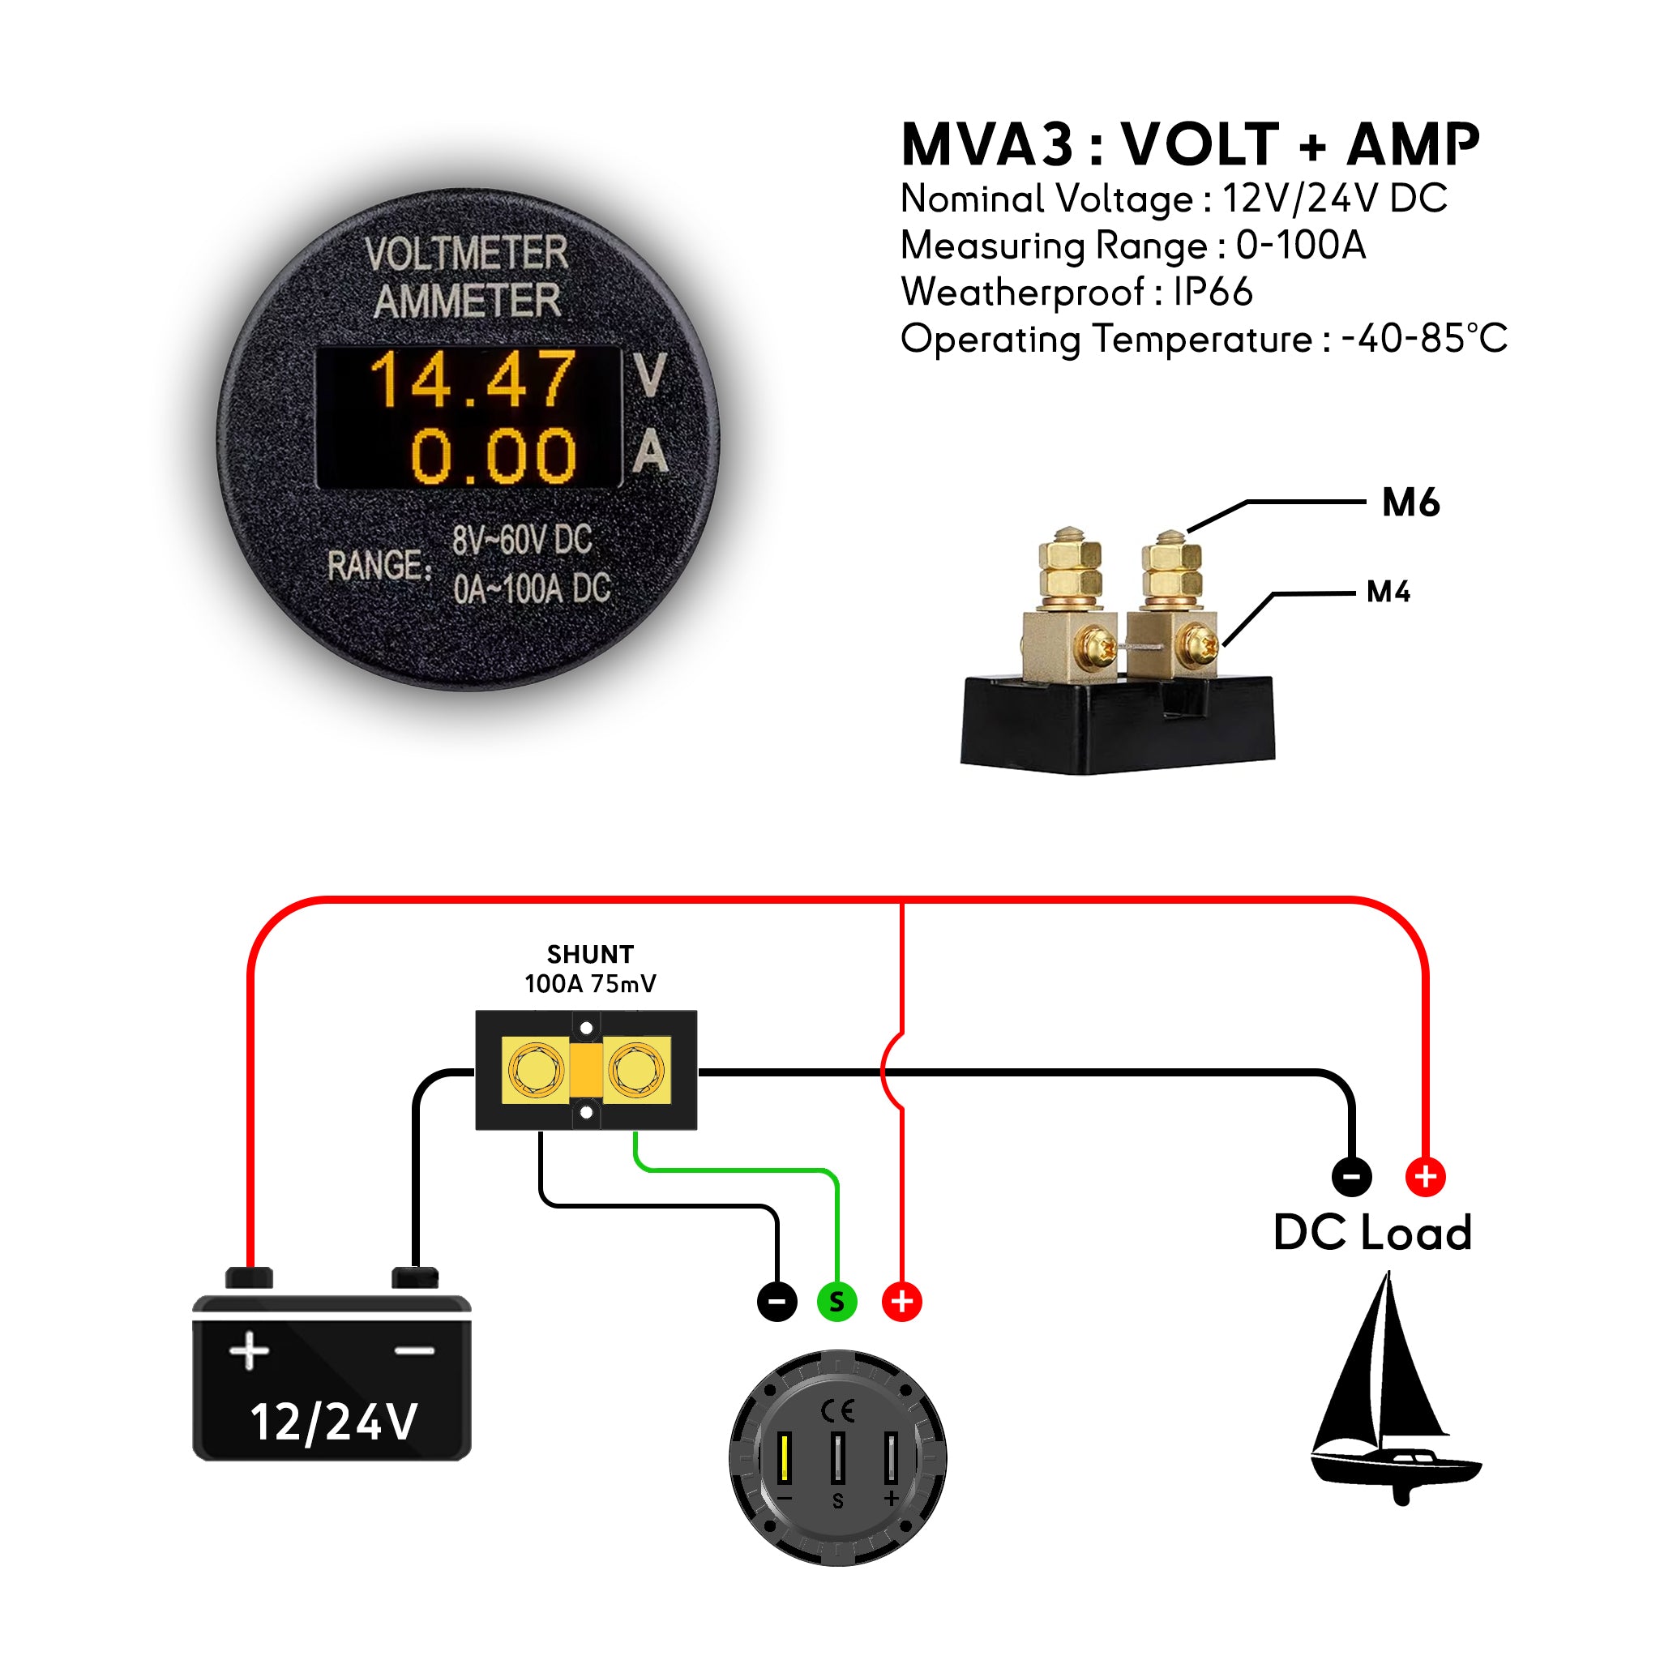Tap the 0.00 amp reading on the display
click(492, 456)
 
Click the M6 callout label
click(1410, 503)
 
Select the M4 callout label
click(1388, 592)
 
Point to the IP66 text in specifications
click(1213, 292)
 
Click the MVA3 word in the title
click(986, 144)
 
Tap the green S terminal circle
click(836, 1301)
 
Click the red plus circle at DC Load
click(1426, 1176)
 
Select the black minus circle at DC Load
click(1351, 1176)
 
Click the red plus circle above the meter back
click(901, 1301)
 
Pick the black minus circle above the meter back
click(777, 1301)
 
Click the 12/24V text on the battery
click(333, 1422)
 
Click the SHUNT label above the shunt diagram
click(590, 955)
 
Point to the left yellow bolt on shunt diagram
click(535, 1070)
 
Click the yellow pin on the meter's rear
click(784, 1458)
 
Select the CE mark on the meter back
click(836, 1411)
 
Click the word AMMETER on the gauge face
click(467, 302)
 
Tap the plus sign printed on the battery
click(249, 1350)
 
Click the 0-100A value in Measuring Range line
click(1300, 246)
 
